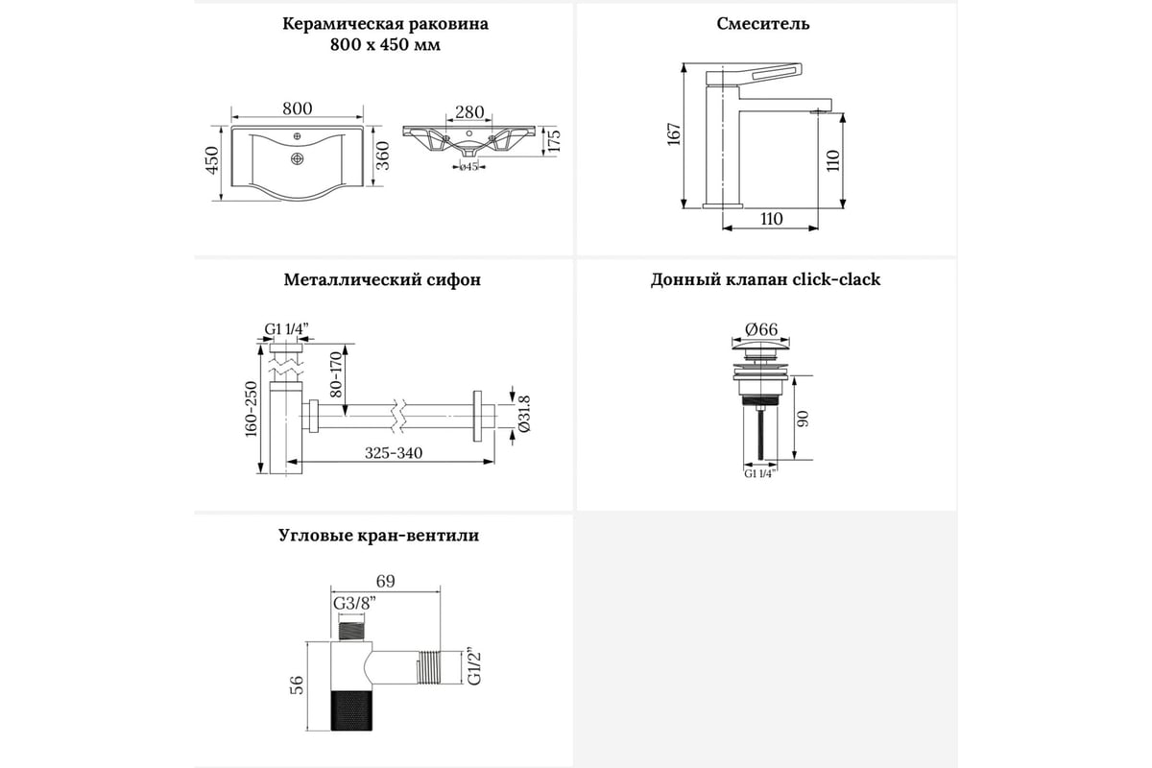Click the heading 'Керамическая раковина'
tap(385, 25)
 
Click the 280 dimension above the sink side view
tap(469, 113)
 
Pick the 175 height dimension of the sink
tap(552, 140)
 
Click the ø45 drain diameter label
tap(468, 167)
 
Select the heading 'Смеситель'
tap(763, 25)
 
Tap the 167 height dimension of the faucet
tap(673, 134)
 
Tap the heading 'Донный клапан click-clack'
tap(765, 281)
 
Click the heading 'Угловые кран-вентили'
tap(378, 536)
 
